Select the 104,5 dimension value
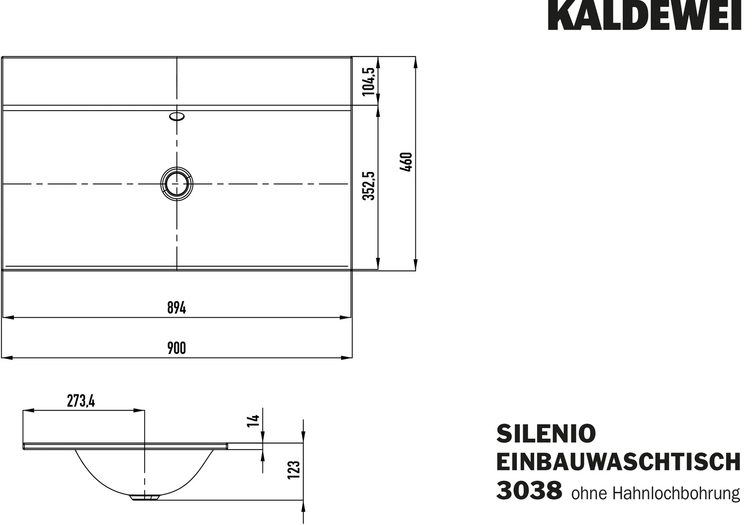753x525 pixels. pos(369,82)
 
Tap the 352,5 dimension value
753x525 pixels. pos(369,185)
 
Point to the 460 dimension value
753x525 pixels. pos(406,162)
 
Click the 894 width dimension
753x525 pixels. pos(176,308)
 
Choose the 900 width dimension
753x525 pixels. pos(176,348)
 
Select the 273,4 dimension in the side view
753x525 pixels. pos(81,401)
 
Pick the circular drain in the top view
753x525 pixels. pos(177,184)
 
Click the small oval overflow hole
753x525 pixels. pos(177,116)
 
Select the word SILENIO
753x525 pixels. pos(546,434)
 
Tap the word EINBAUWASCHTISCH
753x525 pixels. pos(618,462)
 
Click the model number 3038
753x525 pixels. pos(529,491)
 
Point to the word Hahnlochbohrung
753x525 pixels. pos(676,493)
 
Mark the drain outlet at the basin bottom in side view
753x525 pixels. pos(145,497)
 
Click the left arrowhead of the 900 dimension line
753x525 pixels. pos(7,358)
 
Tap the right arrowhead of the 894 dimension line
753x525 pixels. pos(346,317)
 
